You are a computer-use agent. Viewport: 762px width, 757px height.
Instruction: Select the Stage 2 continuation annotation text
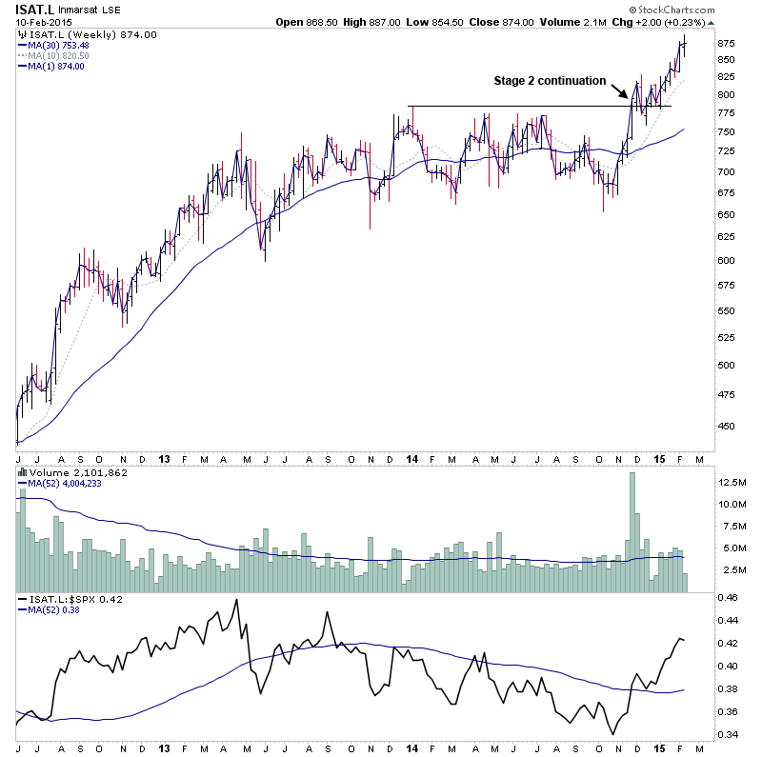[550, 81]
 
